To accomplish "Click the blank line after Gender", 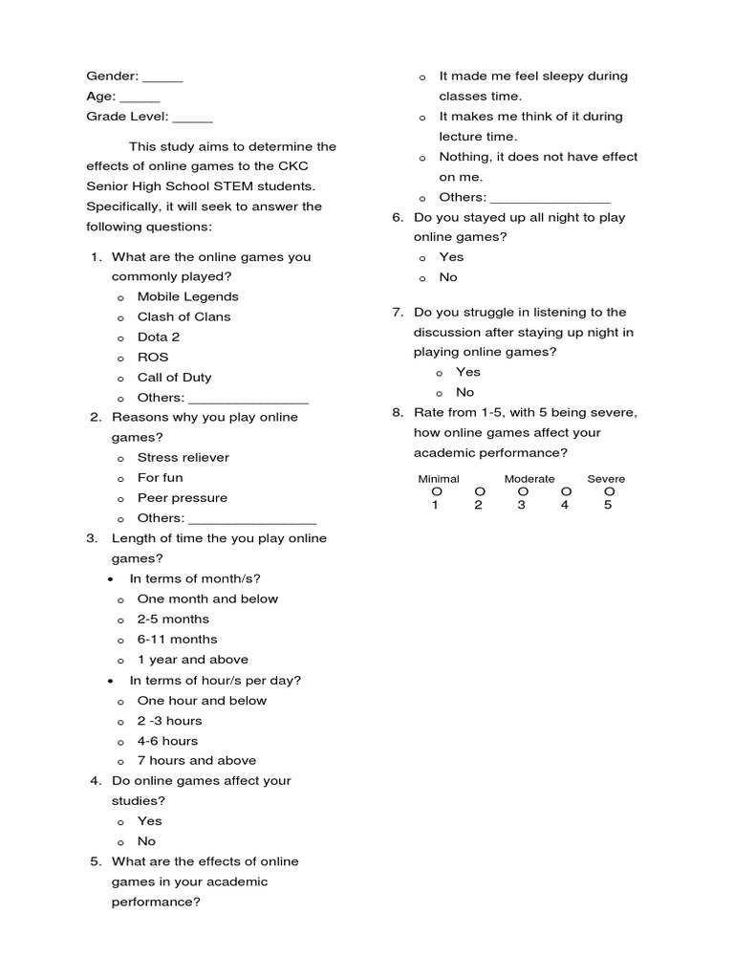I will tap(162, 76).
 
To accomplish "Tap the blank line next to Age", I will tap(140, 97).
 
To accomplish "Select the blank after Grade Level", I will tap(193, 117).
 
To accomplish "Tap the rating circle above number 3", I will tap(522, 491).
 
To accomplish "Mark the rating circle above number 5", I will tap(609, 491).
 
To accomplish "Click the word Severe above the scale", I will tap(606, 479).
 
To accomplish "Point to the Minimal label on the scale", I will tap(439, 479).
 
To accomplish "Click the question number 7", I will tap(398, 313).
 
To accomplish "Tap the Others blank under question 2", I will tap(252, 518).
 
